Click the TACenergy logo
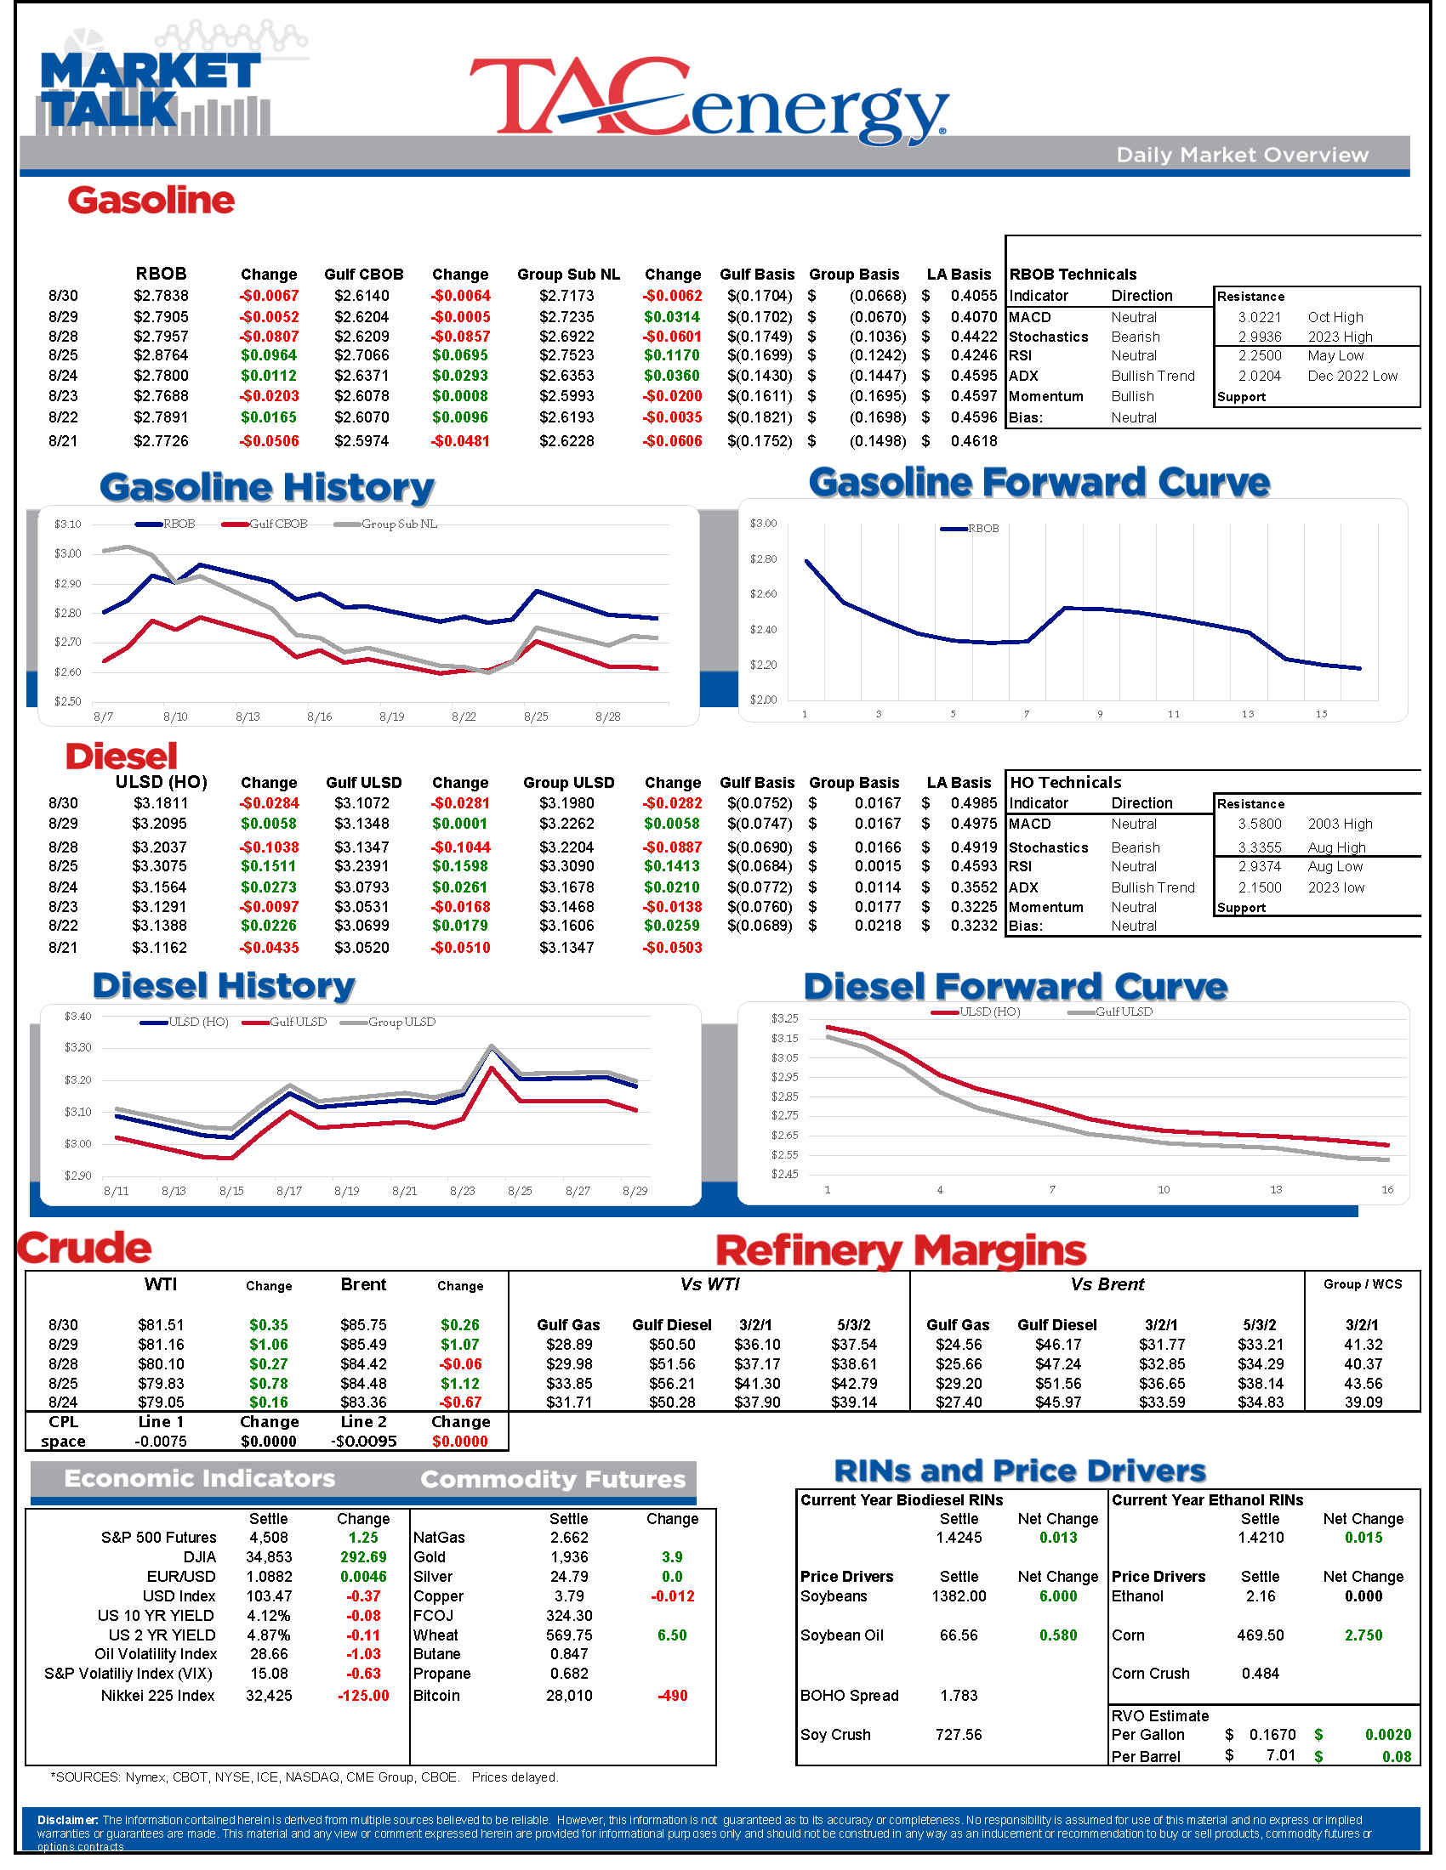[x=709, y=100]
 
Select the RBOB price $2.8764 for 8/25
[x=160, y=355]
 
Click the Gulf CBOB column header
[x=363, y=274]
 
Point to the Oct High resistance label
[x=1335, y=317]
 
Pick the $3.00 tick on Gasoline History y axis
[x=68, y=553]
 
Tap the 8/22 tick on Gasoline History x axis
[x=464, y=717]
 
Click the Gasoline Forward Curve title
[x=1039, y=483]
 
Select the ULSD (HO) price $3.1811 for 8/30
[x=160, y=803]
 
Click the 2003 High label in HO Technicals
[x=1340, y=824]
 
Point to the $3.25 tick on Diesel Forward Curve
[x=784, y=1018]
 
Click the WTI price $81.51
[x=160, y=1324]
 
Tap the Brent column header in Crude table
[x=363, y=1284]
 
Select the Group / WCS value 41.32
[x=1363, y=1345]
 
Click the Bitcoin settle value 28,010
[x=569, y=1696]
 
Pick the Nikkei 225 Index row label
[x=157, y=1696]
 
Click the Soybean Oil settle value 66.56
[x=959, y=1635]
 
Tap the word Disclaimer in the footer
[x=67, y=1820]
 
